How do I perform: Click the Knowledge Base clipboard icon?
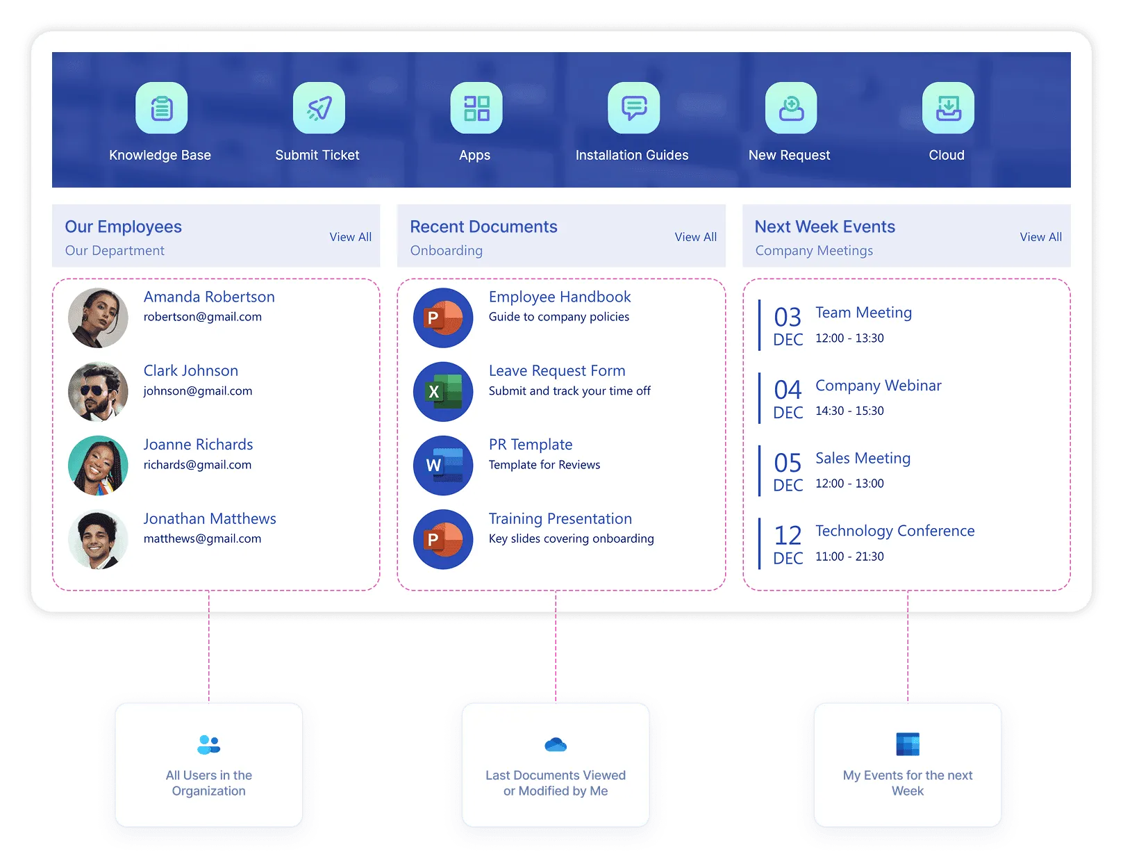tap(161, 108)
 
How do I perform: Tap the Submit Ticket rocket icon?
tap(319, 108)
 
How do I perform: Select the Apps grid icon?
tap(476, 108)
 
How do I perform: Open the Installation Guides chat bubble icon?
tap(633, 108)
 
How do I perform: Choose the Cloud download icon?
tap(948, 108)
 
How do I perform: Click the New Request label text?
tap(789, 155)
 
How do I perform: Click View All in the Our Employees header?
tap(351, 237)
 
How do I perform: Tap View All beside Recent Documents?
tap(696, 237)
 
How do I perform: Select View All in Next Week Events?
tap(1041, 237)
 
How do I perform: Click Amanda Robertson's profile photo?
tap(98, 318)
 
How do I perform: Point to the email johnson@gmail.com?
tap(198, 391)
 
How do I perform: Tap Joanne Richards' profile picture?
tap(98, 466)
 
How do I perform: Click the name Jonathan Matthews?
tap(210, 518)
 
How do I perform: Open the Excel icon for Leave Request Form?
tap(443, 391)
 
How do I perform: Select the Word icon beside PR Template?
tap(443, 466)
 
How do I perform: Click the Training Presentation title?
tap(560, 518)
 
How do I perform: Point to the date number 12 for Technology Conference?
tap(788, 535)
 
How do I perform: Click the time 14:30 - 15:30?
tap(849, 411)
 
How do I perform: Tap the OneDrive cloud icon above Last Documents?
tap(556, 745)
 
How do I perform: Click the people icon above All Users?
tap(209, 745)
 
